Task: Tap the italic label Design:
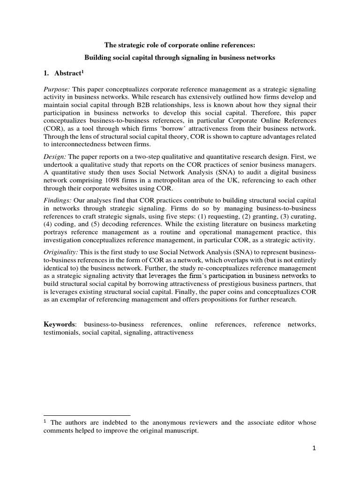[55, 157]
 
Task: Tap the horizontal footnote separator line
[87, 415]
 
